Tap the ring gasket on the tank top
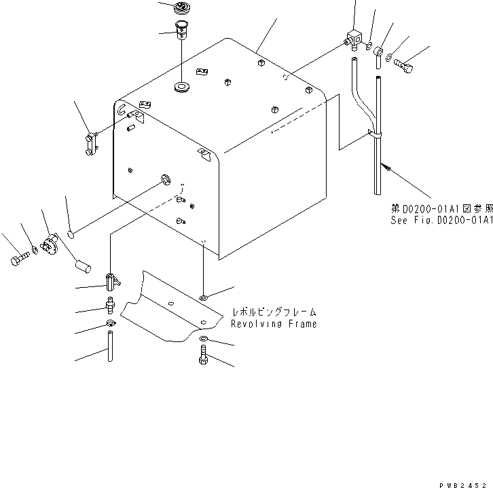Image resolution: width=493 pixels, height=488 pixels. (181, 88)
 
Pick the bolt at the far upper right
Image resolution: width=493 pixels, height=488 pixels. (403, 67)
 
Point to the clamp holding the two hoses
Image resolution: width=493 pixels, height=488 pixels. (374, 136)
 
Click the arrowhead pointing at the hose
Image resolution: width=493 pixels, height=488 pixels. (384, 164)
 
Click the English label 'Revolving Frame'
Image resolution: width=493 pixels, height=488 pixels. (273, 324)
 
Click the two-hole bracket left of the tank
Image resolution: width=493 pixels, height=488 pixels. (92, 144)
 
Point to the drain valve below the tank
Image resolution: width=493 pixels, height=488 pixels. (110, 280)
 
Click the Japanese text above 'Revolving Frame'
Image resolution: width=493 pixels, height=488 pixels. (273, 312)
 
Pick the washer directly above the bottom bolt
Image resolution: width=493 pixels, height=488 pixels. (205, 339)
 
